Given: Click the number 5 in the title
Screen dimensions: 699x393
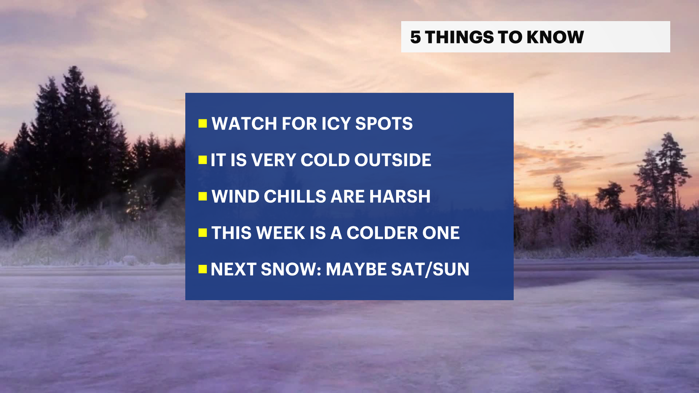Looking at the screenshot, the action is pyautogui.click(x=415, y=37).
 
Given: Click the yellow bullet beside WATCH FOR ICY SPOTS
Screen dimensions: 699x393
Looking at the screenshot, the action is pyautogui.click(x=203, y=124).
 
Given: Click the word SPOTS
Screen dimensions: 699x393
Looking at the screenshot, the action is pyautogui.click(x=384, y=124).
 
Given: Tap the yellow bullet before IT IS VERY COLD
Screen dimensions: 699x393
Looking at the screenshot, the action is pyautogui.click(x=203, y=160).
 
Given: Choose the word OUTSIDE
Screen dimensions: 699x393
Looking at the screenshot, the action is pyautogui.click(x=393, y=160).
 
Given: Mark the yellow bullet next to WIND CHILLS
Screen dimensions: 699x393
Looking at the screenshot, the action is pyautogui.click(x=203, y=196).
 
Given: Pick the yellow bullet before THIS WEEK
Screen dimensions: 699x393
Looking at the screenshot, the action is pyautogui.click(x=203, y=233).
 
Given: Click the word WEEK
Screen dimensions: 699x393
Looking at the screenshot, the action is pyautogui.click(x=281, y=233).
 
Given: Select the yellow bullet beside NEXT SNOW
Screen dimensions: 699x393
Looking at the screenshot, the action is pyautogui.click(x=203, y=269).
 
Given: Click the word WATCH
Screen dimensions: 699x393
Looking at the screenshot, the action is pyautogui.click(x=244, y=124).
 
